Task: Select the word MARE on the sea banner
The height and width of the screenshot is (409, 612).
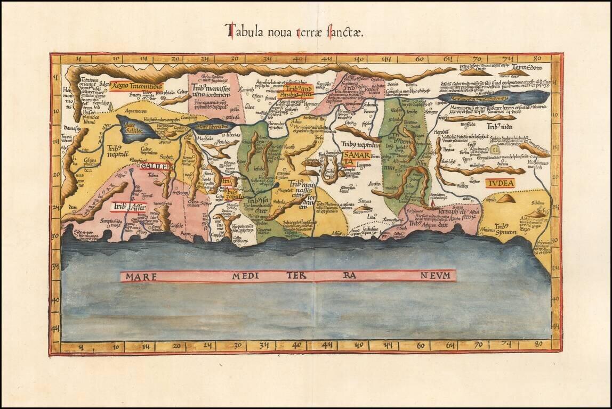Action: (137, 276)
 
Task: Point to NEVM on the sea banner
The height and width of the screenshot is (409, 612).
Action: (437, 275)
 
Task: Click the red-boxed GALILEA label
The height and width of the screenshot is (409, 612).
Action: (157, 166)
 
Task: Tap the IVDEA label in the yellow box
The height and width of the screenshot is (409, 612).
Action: (500, 183)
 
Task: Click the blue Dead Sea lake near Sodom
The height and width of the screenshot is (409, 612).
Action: (496, 97)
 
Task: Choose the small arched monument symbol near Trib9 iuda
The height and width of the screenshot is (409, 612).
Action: (495, 150)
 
